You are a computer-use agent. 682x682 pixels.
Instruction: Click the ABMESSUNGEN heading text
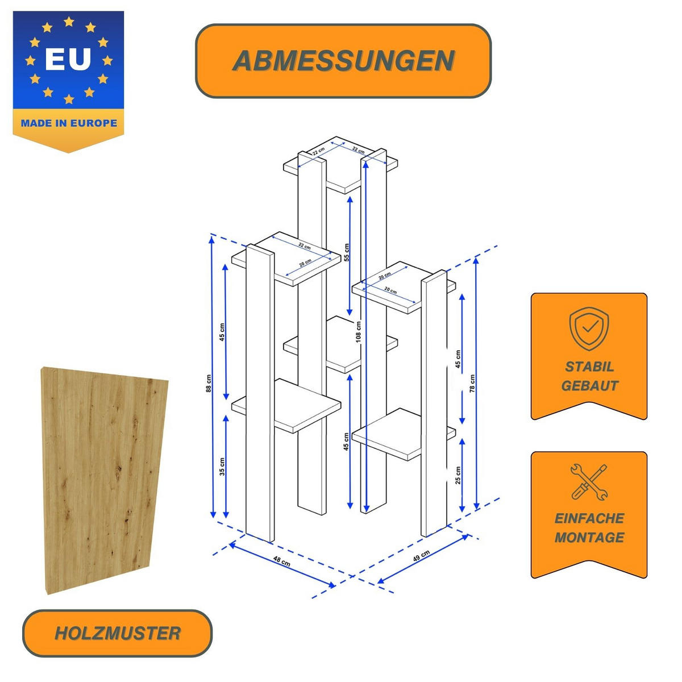[343, 61]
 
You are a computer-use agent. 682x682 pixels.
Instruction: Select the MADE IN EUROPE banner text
[69, 123]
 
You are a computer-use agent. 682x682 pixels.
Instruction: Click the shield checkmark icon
[589, 328]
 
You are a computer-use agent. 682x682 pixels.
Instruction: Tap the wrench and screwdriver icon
[589, 482]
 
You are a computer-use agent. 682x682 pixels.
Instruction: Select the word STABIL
[589, 367]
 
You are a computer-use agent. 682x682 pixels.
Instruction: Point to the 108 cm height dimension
[359, 331]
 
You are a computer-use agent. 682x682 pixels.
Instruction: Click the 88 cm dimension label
[209, 383]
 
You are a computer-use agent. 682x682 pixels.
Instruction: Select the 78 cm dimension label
[472, 384]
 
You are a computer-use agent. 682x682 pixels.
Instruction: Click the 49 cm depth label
[421, 556]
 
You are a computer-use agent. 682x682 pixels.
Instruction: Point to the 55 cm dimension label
[347, 252]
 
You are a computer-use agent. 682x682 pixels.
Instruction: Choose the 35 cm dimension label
[222, 467]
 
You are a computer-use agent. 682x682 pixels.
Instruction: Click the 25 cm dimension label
[458, 475]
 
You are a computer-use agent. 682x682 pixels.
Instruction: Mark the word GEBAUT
[589, 386]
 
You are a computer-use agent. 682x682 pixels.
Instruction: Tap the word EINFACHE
[589, 518]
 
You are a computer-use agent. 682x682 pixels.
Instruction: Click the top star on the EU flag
[69, 22]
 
